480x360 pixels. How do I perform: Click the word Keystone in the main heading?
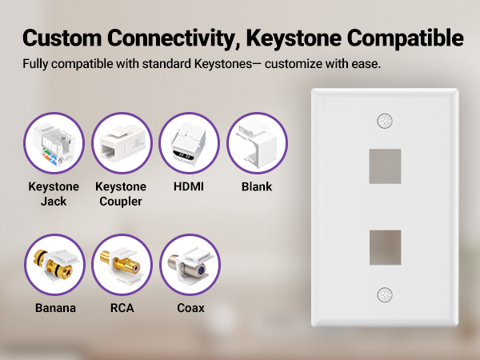[x=294, y=38]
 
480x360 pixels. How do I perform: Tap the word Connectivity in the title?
[x=174, y=38]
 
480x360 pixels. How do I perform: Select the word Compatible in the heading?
[x=406, y=38]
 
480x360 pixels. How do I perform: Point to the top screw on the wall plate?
[x=385, y=121]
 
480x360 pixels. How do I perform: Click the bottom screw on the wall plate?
[x=385, y=294]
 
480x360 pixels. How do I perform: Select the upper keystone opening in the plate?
[x=385, y=166]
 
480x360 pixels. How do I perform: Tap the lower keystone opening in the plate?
[x=385, y=248]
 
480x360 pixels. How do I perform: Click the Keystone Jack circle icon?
[x=54, y=143]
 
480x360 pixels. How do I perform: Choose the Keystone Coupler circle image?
[x=122, y=143]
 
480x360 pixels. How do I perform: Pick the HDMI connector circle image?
[x=189, y=143]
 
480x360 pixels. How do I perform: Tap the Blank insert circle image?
[x=257, y=143]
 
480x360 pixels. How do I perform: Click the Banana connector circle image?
[x=54, y=265]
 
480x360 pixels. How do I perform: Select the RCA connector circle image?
[x=122, y=265]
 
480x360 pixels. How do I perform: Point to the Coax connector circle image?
[x=190, y=265]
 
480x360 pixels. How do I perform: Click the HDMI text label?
[x=189, y=186]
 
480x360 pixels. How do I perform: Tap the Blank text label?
[x=257, y=186]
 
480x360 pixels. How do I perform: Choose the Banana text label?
[x=55, y=308]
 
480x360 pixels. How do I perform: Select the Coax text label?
[x=190, y=308]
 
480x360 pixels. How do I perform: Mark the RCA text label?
[x=122, y=308]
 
